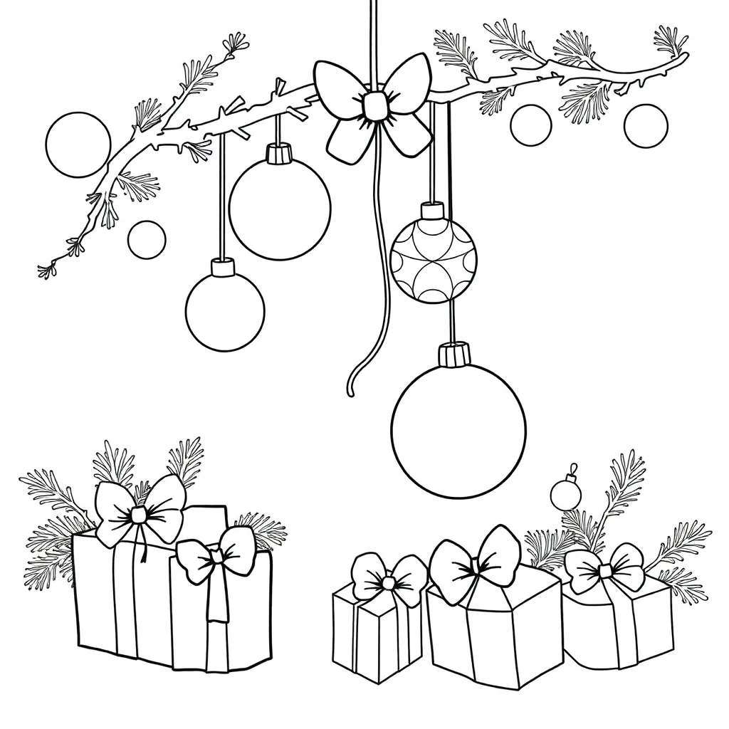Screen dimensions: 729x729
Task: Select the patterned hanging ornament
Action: coord(434,261)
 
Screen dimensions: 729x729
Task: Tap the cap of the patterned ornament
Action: coord(432,211)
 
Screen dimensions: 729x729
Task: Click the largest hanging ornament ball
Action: coord(458,431)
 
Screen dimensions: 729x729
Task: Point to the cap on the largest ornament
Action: coord(455,353)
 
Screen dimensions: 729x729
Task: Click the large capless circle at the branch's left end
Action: coord(78,145)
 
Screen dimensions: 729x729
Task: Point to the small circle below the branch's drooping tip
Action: coord(147,239)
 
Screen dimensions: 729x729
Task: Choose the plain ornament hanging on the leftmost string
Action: coord(225,312)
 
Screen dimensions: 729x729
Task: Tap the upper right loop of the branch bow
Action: coord(407,80)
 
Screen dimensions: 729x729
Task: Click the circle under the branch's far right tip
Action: coord(646,126)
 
